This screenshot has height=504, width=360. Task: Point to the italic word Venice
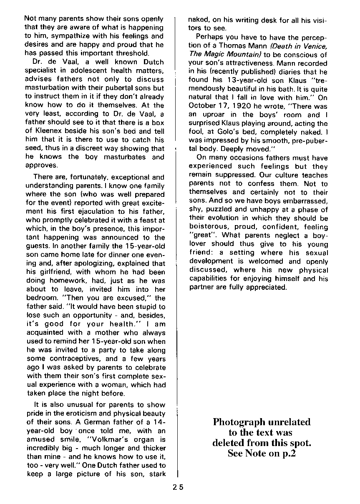tap(314, 46)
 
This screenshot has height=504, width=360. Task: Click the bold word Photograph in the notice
tap(236, 421)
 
